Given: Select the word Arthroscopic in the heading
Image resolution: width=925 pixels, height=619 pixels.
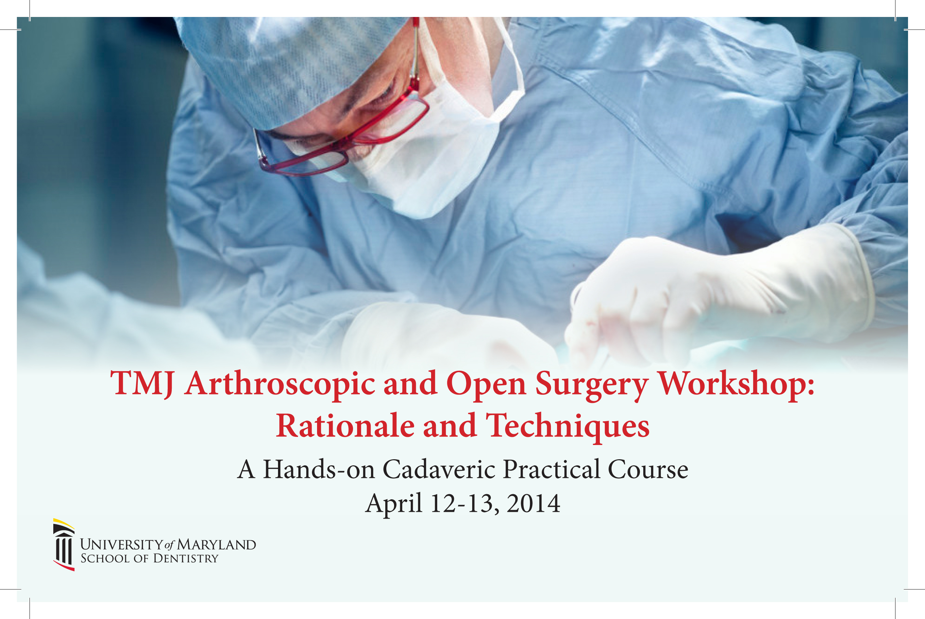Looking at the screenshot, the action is click(x=280, y=384).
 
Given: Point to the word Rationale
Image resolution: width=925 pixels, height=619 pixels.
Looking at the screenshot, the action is click(x=345, y=426).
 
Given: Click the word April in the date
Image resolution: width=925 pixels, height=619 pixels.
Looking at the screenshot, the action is click(x=394, y=504).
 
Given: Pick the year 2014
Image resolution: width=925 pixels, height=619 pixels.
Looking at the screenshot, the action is click(x=533, y=503).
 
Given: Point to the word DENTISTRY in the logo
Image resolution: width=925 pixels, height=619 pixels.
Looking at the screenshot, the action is click(x=185, y=559).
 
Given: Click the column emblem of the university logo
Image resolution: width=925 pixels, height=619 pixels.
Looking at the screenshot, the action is click(x=63, y=545).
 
